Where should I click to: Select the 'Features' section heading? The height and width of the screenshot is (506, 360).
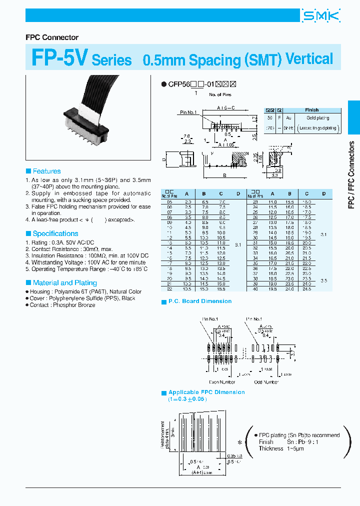point(46,171)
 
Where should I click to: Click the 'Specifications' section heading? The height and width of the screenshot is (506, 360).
point(55,233)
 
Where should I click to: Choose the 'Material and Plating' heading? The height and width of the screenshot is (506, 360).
point(64,282)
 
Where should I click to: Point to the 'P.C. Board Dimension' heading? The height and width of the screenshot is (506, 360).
point(199,301)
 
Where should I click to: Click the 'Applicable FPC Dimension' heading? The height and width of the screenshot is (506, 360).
point(206,392)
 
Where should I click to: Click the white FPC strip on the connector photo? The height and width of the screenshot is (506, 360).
point(85,109)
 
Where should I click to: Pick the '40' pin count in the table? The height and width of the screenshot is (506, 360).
point(255,289)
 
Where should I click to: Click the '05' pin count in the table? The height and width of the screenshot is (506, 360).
point(169,201)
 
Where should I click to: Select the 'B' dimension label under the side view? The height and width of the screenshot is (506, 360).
point(224,175)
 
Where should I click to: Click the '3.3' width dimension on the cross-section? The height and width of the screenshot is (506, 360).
point(275,176)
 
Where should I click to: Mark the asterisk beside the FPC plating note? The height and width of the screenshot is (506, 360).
point(239,442)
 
